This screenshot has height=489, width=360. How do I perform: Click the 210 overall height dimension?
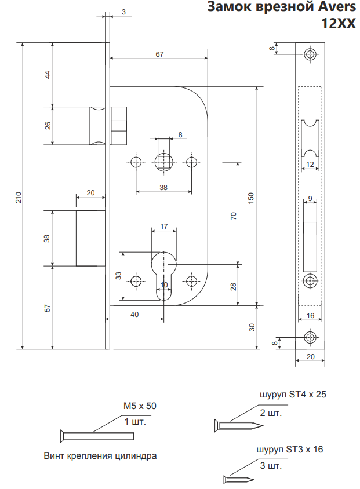pos(19,197)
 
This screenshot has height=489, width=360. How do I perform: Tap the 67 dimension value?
pos(159,54)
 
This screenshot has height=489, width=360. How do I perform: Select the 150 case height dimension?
pos(251,197)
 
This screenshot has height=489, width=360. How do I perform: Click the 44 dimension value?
pos(48,75)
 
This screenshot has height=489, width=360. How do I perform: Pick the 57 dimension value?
pos(48,308)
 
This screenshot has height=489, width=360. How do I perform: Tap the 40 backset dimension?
pos(134,315)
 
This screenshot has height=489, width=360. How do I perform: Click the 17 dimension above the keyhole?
pos(164,226)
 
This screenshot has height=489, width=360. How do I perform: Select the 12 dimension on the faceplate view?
pos(310,165)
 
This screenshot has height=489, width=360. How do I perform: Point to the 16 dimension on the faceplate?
pos(310,316)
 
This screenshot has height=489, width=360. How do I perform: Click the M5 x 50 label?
pos(140,406)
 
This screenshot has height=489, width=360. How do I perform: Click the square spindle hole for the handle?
pos(164,161)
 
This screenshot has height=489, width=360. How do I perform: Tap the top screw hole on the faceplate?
pos(311,56)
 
